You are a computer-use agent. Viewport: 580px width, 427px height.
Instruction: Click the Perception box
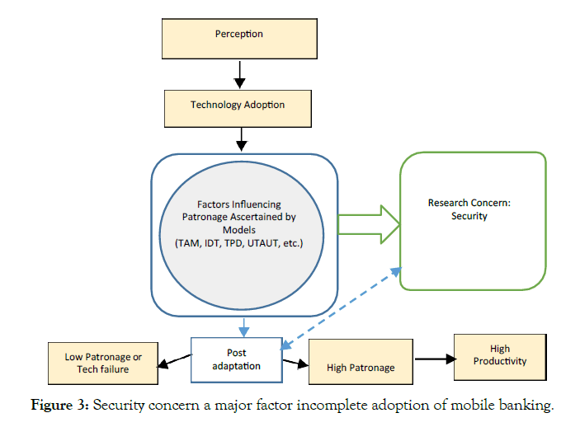tap(238, 35)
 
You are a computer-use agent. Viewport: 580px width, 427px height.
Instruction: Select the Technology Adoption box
tap(238, 106)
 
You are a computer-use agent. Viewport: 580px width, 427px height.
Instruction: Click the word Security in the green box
tap(469, 216)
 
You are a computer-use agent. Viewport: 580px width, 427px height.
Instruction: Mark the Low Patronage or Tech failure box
tap(103, 363)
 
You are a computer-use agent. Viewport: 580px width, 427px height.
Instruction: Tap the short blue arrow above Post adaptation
tap(244, 327)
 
